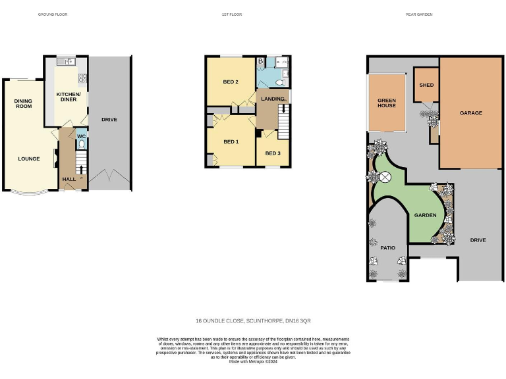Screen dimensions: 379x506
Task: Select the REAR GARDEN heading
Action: click(418, 14)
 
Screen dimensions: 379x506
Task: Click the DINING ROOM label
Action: click(24, 103)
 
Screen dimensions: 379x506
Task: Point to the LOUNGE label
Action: click(29, 159)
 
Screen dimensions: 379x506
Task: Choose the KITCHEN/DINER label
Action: click(68, 97)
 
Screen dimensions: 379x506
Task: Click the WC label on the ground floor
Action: click(81, 136)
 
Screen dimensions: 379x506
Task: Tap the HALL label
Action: click(68, 179)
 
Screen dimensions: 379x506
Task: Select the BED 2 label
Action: click(230, 82)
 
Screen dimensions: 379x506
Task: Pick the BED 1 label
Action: click(230, 141)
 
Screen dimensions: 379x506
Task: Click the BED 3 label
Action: click(273, 153)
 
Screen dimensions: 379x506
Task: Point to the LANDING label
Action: click(273, 99)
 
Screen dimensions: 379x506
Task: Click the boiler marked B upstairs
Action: click(261, 61)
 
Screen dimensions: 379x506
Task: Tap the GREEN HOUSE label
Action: click(387, 103)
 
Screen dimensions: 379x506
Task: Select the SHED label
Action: click(426, 85)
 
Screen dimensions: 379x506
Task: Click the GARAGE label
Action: click(471, 113)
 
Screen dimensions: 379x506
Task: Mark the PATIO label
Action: click(387, 248)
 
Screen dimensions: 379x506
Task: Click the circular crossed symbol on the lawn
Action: click(385, 176)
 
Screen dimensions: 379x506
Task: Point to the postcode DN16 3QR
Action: click(298, 320)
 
